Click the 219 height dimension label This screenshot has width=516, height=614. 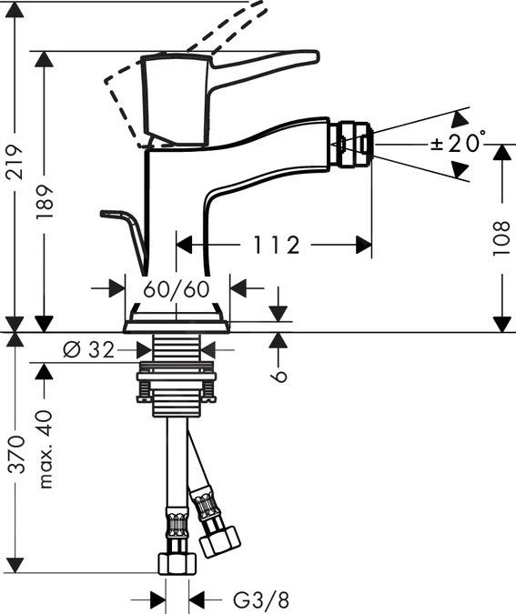(x=15, y=162)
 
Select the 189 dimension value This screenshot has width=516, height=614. (x=45, y=202)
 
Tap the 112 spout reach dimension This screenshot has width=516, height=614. (x=277, y=245)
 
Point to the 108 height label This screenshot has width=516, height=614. (x=501, y=238)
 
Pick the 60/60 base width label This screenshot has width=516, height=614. (x=177, y=289)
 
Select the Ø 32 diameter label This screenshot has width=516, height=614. (x=88, y=349)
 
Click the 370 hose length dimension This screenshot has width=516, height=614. (x=16, y=454)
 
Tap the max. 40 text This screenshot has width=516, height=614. (x=46, y=449)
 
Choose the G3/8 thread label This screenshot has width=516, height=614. (x=261, y=599)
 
